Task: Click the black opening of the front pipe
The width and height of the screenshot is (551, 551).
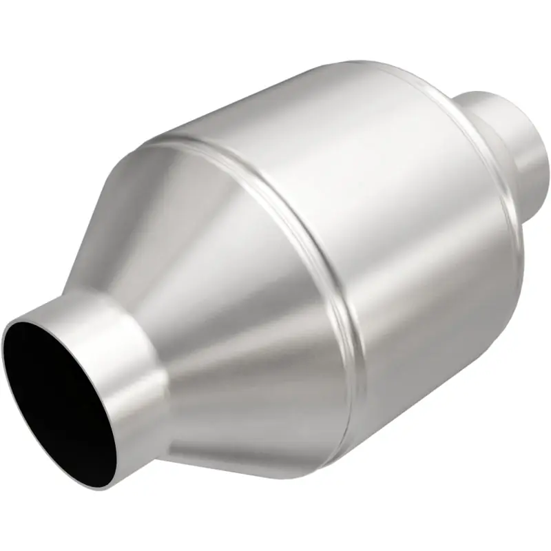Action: click(x=59, y=399)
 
